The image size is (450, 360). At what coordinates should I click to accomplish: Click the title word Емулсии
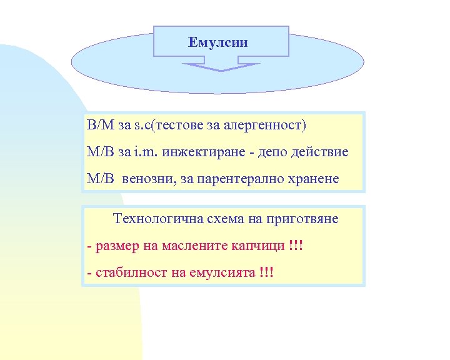(x=218, y=43)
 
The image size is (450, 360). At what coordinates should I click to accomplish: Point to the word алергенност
(x=271, y=125)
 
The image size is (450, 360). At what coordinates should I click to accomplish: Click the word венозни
(x=149, y=179)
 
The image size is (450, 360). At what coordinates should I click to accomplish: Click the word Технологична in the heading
(x=155, y=219)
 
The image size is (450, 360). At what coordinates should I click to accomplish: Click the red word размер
(x=117, y=246)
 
